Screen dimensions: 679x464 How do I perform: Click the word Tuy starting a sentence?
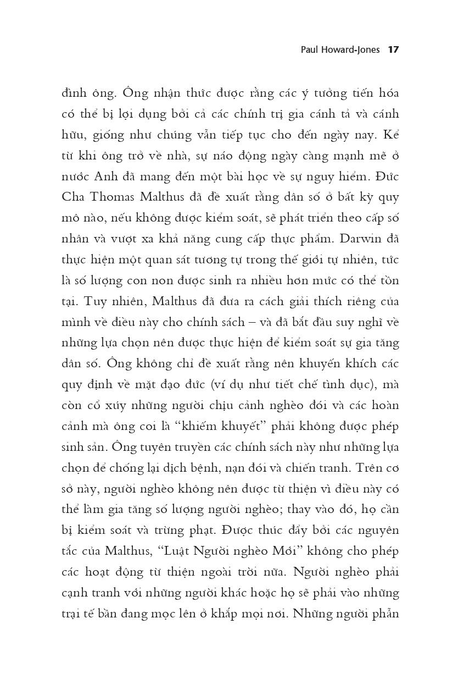coord(92,302)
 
